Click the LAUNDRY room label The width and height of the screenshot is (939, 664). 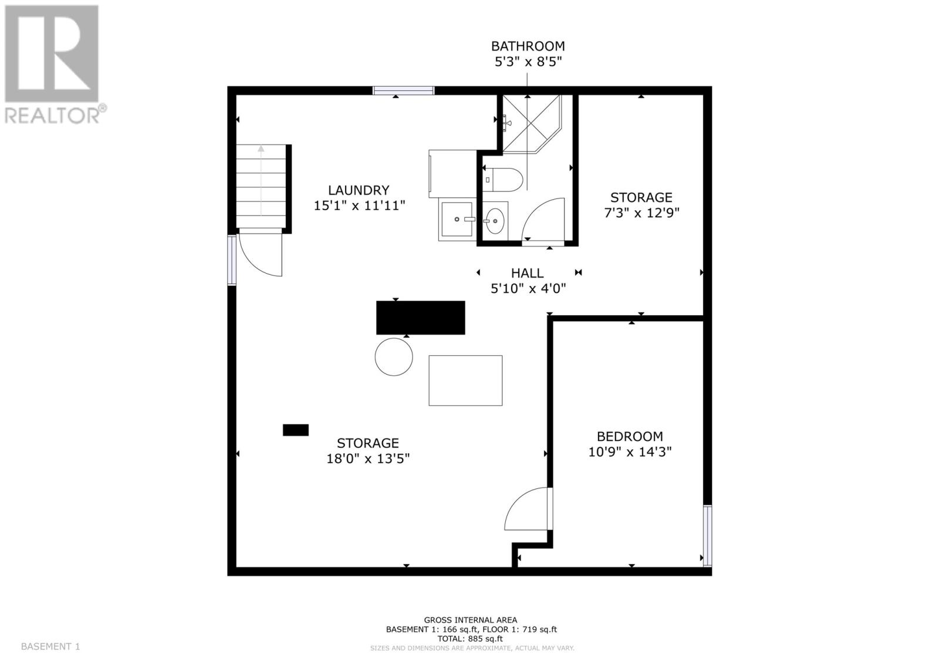(359, 190)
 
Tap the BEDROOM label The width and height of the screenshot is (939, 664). (630, 436)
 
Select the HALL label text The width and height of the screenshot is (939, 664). (527, 273)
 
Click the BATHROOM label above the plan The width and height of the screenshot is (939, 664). (528, 46)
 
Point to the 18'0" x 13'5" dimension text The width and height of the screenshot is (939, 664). (368, 459)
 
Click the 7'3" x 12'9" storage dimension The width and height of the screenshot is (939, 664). (641, 213)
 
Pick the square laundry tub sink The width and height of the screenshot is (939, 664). (457, 220)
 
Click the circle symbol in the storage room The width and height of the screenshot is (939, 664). (394, 356)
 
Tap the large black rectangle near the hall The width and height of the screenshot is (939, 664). (420, 318)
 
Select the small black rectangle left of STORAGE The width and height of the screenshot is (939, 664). (296, 430)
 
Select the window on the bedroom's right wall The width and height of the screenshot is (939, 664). (707, 535)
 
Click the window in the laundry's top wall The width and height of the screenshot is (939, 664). (404, 90)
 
